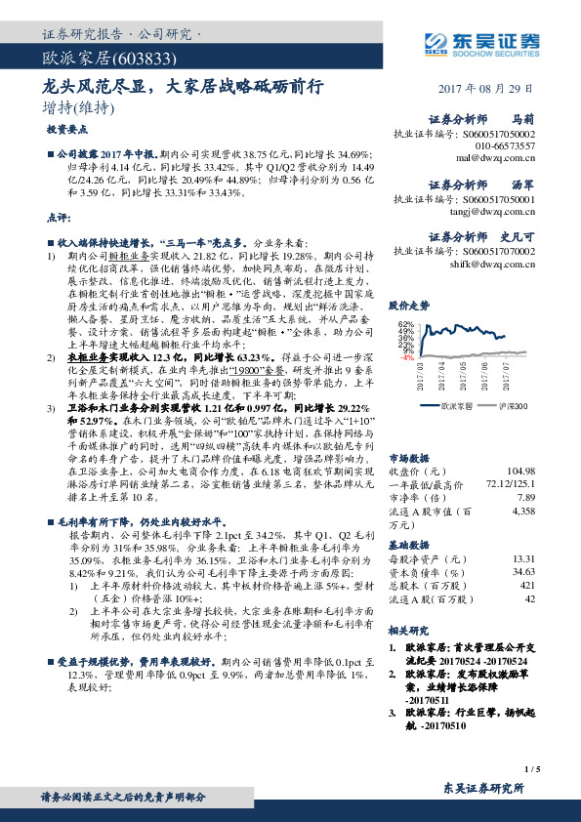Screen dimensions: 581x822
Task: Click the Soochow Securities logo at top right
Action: coord(479,42)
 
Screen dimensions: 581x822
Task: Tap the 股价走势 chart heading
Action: coord(409,306)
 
